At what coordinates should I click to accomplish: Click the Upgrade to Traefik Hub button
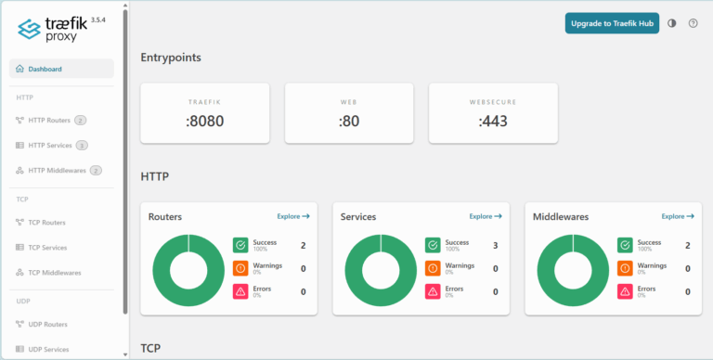click(x=612, y=23)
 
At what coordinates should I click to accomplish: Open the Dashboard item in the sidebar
click(x=45, y=69)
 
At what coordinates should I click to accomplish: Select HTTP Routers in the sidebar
click(x=49, y=120)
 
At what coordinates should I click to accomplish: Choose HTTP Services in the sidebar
click(x=50, y=145)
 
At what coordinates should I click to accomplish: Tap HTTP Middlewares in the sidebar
click(x=56, y=170)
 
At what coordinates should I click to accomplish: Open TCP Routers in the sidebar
click(x=46, y=223)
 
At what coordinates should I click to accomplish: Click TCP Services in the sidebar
click(x=47, y=248)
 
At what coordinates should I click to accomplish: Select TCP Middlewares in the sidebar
click(x=54, y=273)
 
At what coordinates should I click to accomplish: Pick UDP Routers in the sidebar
click(x=47, y=324)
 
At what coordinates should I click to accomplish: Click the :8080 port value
click(x=204, y=121)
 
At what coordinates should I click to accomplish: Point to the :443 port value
click(x=493, y=121)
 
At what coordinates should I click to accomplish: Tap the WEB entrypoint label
click(x=349, y=100)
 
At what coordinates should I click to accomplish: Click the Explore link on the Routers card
click(x=293, y=216)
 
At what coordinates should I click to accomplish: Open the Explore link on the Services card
click(x=486, y=216)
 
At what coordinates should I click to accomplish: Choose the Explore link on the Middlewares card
click(x=678, y=216)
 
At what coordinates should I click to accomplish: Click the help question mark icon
click(x=693, y=23)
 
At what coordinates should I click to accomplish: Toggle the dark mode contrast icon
click(x=672, y=23)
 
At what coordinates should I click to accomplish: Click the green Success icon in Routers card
click(x=240, y=245)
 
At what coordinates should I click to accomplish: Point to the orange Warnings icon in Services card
click(x=433, y=268)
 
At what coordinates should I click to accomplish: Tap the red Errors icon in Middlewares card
click(x=625, y=291)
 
